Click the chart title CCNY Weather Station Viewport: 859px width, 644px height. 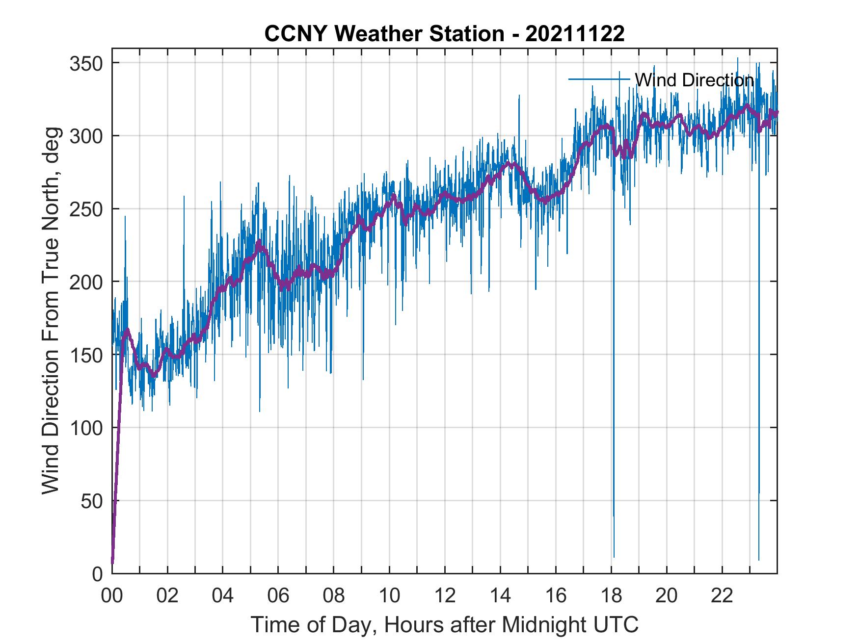click(384, 34)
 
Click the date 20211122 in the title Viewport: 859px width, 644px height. click(575, 34)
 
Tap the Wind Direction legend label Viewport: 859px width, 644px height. click(694, 80)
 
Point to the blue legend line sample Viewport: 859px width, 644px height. click(599, 79)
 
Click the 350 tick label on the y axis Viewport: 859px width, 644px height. click(85, 63)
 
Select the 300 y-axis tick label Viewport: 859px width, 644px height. click(85, 136)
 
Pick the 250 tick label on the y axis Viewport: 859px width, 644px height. click(85, 209)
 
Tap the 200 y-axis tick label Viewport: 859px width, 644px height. click(85, 282)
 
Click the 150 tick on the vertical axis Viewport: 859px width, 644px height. click(85, 355)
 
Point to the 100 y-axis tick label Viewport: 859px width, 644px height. click(85, 428)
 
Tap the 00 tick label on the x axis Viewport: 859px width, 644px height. click(112, 596)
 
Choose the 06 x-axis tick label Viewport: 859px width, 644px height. click(278, 596)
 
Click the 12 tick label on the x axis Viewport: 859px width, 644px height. click(445, 596)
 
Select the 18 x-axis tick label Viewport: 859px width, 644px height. click(611, 596)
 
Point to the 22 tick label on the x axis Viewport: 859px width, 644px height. click(722, 596)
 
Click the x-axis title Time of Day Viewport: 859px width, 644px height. click(445, 625)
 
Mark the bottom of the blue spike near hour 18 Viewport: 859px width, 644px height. click(614, 557)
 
